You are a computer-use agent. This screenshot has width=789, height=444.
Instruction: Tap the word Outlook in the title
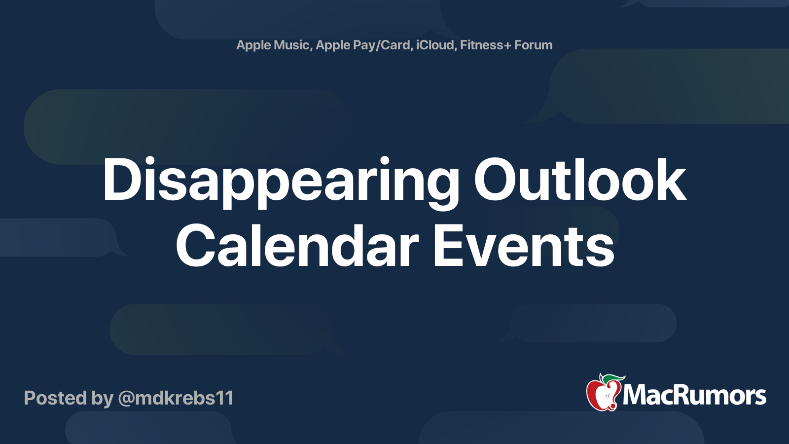pyautogui.click(x=580, y=180)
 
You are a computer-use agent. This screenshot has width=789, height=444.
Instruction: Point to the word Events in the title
pyautogui.click(x=524, y=246)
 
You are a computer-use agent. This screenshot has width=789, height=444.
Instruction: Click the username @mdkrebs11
pyautogui.click(x=176, y=398)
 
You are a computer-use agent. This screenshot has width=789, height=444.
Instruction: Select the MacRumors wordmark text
pyautogui.click(x=694, y=395)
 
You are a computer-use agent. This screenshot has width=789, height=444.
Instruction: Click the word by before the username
pyautogui.click(x=103, y=399)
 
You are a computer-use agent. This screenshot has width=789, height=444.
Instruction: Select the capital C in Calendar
pyautogui.click(x=196, y=246)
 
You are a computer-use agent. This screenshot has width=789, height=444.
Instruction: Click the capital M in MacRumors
pyautogui.click(x=636, y=395)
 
